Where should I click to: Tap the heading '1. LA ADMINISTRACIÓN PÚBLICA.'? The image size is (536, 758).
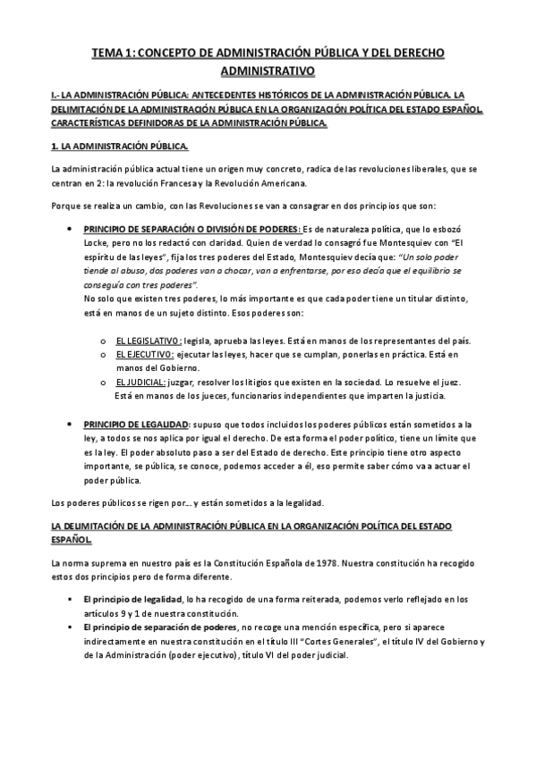coord(120,146)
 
